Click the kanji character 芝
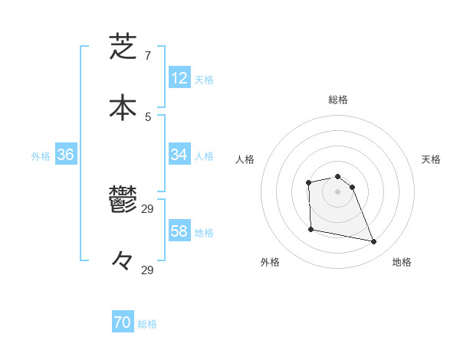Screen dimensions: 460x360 coord(123,47)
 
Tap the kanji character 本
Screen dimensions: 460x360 coord(123,108)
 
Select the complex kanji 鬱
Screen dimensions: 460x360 coord(123,201)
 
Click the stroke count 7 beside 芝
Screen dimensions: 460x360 coord(147,56)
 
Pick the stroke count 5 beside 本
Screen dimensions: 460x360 coord(147,116)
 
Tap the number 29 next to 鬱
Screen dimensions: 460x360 coord(148,208)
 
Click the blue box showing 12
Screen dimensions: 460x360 coord(179,78)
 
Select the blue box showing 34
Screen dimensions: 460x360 coord(179,155)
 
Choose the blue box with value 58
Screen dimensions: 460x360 coord(179,231)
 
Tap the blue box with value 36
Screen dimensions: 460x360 coord(66,155)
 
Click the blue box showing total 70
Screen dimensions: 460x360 coord(123,323)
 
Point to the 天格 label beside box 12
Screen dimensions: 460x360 coord(204,79)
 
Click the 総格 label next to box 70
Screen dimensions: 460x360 coord(147,324)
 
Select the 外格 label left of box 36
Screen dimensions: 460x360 coord(41,155)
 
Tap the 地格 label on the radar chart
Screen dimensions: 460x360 coord(402,262)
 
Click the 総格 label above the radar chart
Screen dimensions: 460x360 coord(337,100)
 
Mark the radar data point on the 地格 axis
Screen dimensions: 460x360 coord(374,242)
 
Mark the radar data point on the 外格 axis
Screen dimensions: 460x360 coord(310,229)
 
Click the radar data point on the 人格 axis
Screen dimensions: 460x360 coord(308,182)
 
